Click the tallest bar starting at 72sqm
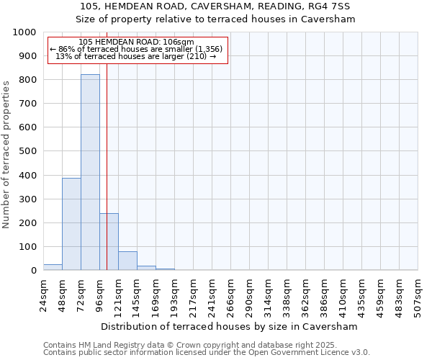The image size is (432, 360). tap(90, 173)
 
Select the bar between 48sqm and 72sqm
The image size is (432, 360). tap(71, 224)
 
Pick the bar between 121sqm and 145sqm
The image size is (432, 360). tap(127, 261)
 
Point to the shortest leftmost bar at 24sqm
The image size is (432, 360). tap(53, 267)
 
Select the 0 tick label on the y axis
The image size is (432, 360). tap(34, 271)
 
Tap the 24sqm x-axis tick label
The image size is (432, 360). tap(44, 295)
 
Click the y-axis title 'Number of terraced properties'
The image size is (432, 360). tap(6, 154)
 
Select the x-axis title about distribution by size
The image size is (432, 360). tap(230, 326)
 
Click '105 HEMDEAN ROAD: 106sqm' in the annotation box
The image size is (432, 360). tap(137, 42)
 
